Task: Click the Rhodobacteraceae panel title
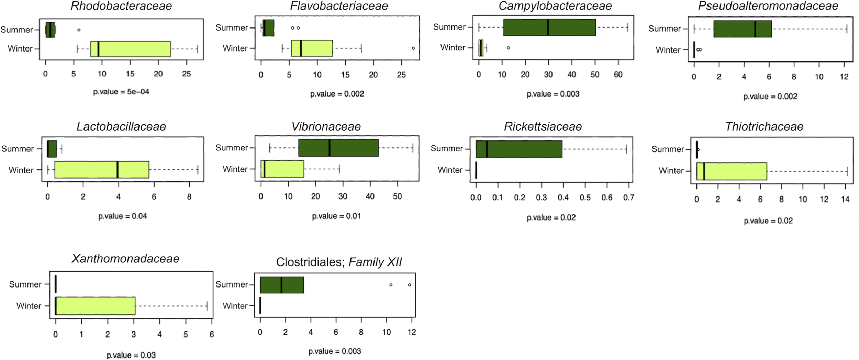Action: pyautogui.click(x=121, y=6)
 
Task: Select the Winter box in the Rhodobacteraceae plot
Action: pyautogui.click(x=131, y=49)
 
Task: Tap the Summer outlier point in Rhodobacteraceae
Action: pyautogui.click(x=79, y=30)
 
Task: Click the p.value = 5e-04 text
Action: pyautogui.click(x=121, y=92)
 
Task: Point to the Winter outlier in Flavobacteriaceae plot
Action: pyautogui.click(x=413, y=48)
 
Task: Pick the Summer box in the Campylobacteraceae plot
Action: pyautogui.click(x=549, y=27)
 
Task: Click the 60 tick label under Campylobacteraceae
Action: pyautogui.click(x=618, y=75)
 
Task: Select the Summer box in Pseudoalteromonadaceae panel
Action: pyautogui.click(x=743, y=29)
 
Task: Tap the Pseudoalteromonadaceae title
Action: pyautogui.click(x=768, y=6)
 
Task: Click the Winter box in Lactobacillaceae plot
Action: pyautogui.click(x=102, y=170)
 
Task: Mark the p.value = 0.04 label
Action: pyautogui.click(x=123, y=216)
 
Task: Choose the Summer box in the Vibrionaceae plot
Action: pyautogui.click(x=338, y=148)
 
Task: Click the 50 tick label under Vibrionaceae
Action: pyautogui.click(x=397, y=196)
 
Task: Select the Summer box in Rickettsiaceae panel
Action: pyautogui.click(x=519, y=149)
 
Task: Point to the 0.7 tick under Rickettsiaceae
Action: pyautogui.click(x=628, y=198)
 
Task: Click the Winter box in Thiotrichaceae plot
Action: pyautogui.click(x=732, y=171)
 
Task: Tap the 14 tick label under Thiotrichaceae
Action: pyautogui.click(x=845, y=199)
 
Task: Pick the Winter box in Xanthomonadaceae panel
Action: pyautogui.click(x=95, y=306)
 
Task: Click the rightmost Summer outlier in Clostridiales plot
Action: pyautogui.click(x=409, y=285)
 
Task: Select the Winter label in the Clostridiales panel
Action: pyautogui.click(x=235, y=306)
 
